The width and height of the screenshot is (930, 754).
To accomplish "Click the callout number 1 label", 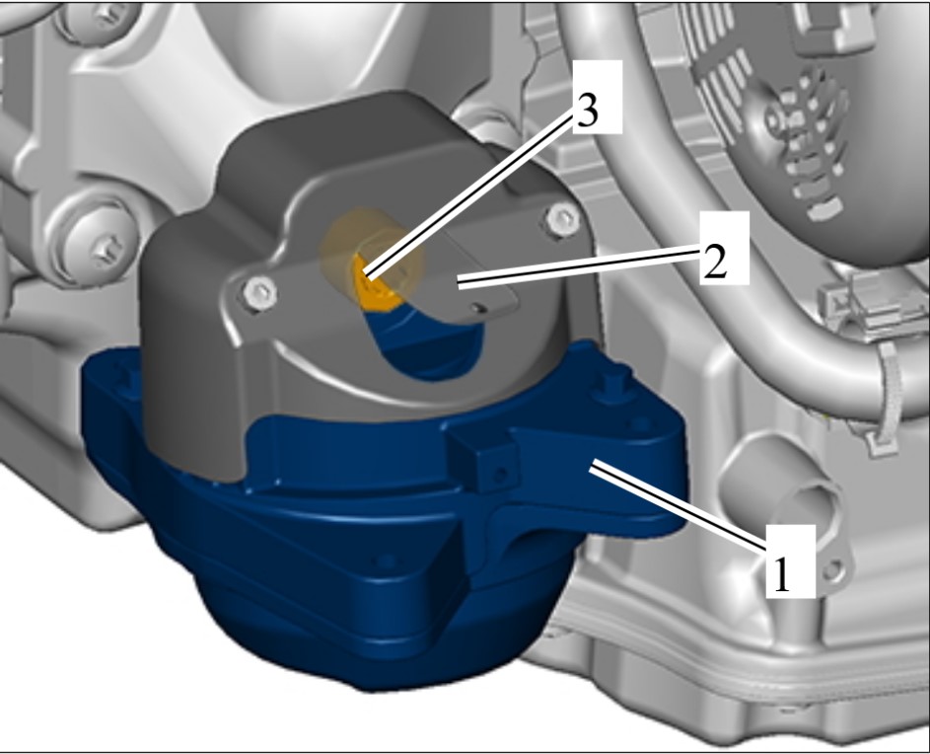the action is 790,561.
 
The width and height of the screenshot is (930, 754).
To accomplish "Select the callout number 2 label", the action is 724,248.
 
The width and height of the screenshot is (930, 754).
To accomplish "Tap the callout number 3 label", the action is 598,97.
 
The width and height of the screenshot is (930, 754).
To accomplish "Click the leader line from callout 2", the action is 579,269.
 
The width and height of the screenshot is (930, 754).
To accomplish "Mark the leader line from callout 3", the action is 469,195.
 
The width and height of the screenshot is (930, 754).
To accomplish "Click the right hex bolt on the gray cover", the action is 562,218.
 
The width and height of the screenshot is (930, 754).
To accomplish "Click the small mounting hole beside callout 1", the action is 832,571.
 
